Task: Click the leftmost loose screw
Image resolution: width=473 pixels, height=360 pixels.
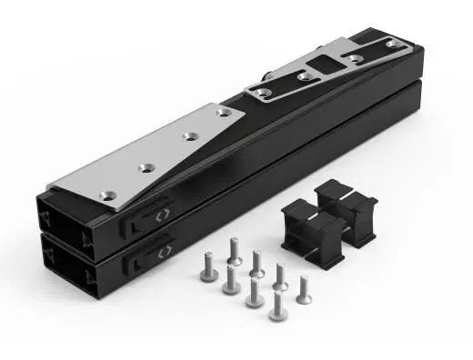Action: (x=205, y=270)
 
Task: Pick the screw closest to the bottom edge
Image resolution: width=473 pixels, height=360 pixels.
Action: (x=275, y=307)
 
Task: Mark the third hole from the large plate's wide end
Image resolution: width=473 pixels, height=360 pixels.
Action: (x=189, y=135)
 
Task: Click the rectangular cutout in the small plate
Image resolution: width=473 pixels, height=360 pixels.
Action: (x=324, y=66)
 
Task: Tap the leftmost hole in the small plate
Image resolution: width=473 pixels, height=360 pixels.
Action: (x=262, y=93)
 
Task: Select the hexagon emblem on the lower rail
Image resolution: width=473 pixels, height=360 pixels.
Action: (x=165, y=249)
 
